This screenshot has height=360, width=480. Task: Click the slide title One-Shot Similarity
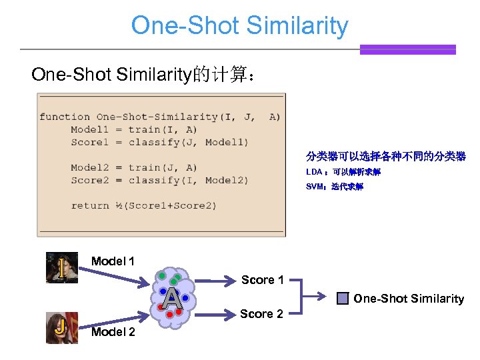pos(239,25)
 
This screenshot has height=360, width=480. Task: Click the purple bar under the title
pos(407,49)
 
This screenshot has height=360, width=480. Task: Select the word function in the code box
pos(64,117)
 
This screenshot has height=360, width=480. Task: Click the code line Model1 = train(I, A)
pos(133,129)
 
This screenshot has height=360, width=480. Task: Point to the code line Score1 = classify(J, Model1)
pos(159,142)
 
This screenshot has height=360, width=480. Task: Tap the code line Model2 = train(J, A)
pos(133,167)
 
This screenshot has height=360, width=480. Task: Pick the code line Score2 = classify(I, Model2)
pos(159,180)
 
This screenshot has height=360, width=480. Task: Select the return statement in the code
pos(143,205)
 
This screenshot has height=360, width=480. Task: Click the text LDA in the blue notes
pos(313,172)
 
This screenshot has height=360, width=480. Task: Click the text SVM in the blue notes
pos(314,187)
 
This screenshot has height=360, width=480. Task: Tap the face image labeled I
pos(61,267)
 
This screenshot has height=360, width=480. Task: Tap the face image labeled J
pos(61,327)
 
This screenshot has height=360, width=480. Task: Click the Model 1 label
pos(113,261)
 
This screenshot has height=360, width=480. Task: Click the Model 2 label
pos(113,332)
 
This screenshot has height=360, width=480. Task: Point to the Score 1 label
pos(262,280)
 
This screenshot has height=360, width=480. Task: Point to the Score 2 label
pos(261,314)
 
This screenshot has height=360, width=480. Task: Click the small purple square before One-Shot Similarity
pos(342,299)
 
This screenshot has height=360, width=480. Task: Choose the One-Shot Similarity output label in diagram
pos(408,299)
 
